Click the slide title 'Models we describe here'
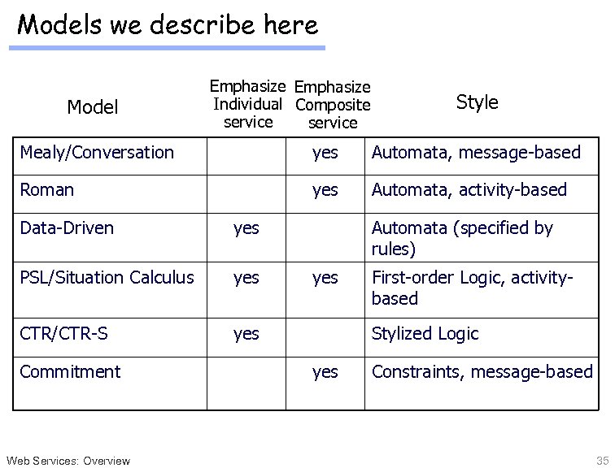pyautogui.click(x=168, y=25)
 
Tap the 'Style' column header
pyautogui.click(x=477, y=102)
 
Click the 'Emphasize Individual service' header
pyautogui.click(x=247, y=104)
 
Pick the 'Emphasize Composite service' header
pyautogui.click(x=333, y=105)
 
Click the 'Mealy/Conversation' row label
pyautogui.click(x=97, y=152)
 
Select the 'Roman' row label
pyautogui.click(x=46, y=189)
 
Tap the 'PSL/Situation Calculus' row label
pyautogui.click(x=107, y=277)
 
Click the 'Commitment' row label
pyautogui.click(x=70, y=371)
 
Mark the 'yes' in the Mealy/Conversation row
pyautogui.click(x=325, y=152)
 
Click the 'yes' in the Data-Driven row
pyautogui.click(x=246, y=228)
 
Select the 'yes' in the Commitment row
pyautogui.click(x=325, y=372)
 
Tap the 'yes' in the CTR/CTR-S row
pyautogui.click(x=246, y=334)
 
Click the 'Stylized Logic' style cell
pyautogui.click(x=425, y=333)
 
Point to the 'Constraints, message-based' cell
pyautogui.click(x=482, y=371)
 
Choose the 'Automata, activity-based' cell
pyautogui.click(x=469, y=189)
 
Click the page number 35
pyautogui.click(x=602, y=460)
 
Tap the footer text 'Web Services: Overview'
pyautogui.click(x=67, y=461)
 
